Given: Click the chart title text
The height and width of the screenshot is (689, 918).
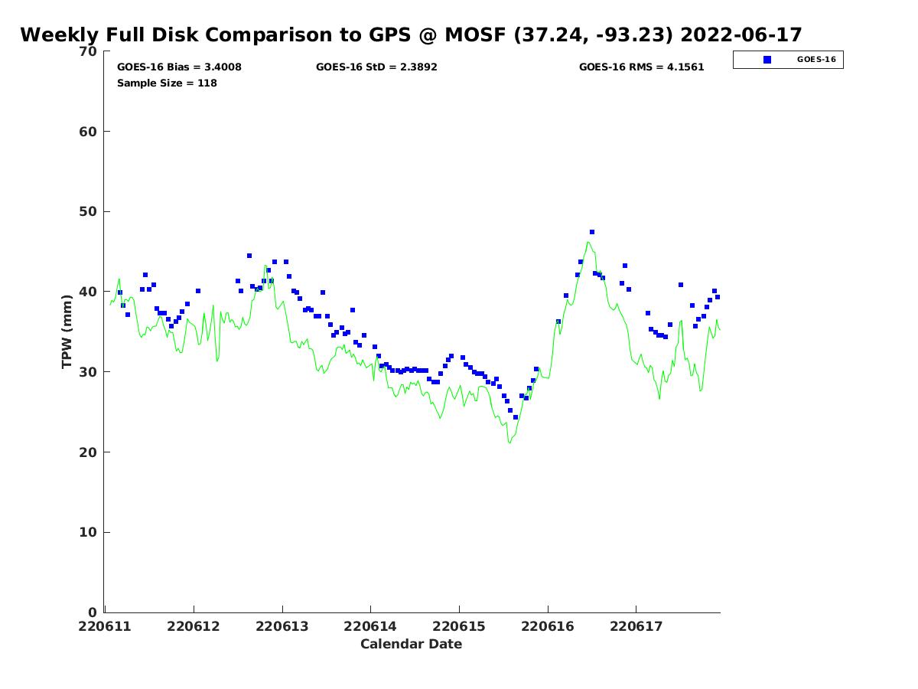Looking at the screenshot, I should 411,35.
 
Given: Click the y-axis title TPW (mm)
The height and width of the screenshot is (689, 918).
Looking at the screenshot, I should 67,331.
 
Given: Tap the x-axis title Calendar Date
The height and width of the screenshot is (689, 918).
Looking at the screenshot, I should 411,644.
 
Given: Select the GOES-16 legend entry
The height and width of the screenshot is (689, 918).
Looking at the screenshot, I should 788,60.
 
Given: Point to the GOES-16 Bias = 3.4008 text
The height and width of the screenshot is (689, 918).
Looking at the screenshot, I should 179,67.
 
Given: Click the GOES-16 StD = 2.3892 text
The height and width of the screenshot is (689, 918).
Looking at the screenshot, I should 376,67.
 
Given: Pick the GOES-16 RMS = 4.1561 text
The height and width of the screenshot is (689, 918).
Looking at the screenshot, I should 641,67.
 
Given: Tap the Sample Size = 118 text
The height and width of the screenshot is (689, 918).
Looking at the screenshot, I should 167,83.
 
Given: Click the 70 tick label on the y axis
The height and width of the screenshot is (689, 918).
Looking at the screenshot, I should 89,51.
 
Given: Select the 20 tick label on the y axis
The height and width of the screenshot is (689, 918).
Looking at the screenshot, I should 89,452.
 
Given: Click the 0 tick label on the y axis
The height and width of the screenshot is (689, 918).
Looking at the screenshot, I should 93,612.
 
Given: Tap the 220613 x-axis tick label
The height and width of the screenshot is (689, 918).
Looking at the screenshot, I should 283,626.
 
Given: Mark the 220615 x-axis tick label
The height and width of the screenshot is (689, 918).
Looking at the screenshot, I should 460,626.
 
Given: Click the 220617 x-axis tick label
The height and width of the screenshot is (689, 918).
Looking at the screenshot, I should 636,626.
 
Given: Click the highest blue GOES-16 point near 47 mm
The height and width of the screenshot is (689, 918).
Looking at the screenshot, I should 592,232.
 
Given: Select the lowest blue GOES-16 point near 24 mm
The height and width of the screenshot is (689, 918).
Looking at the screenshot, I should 516,417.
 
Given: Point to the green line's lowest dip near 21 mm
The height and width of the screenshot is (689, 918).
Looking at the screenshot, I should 509,442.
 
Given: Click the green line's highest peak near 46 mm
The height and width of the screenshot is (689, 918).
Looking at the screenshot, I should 588,243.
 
